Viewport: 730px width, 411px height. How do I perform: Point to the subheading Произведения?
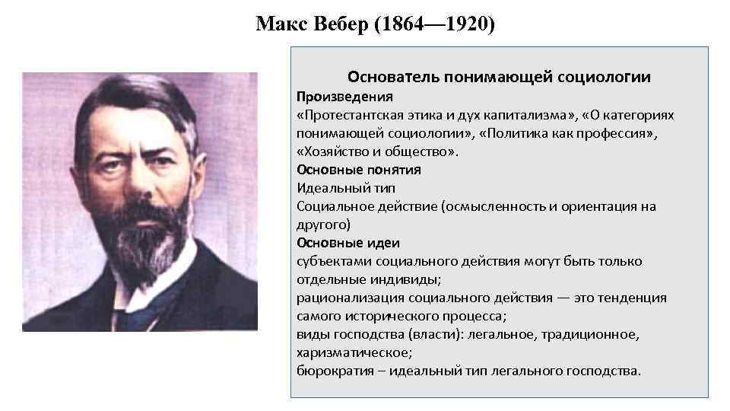coord(344,97)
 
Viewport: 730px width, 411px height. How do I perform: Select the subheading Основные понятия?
coord(358,170)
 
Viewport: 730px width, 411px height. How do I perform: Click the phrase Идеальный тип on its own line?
coord(346,188)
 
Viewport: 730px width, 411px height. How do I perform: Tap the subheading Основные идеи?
coord(348,243)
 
